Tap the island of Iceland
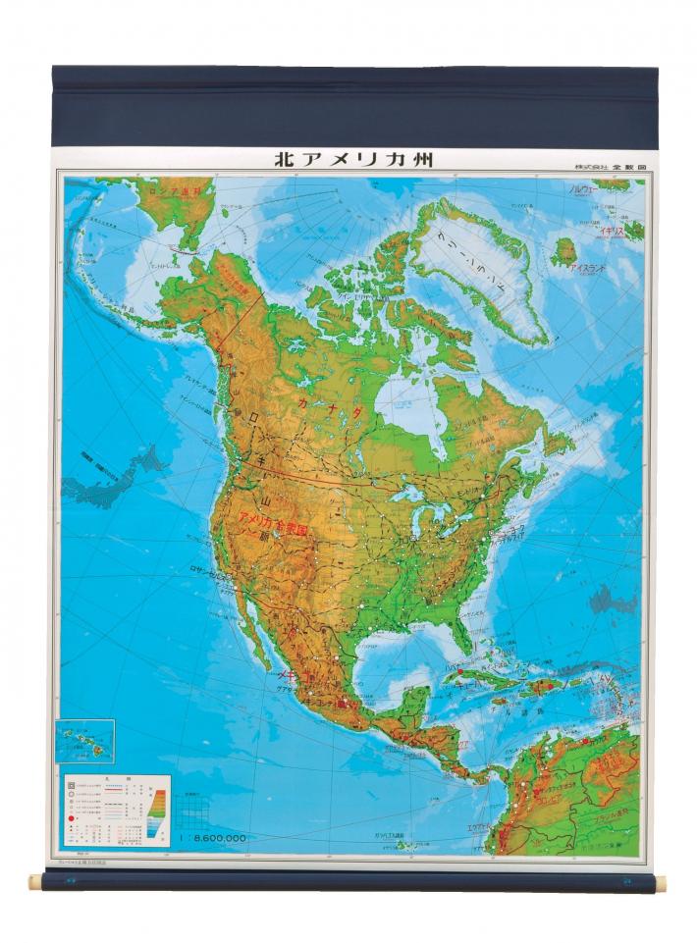pos(563,253)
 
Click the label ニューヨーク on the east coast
pos(511,531)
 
